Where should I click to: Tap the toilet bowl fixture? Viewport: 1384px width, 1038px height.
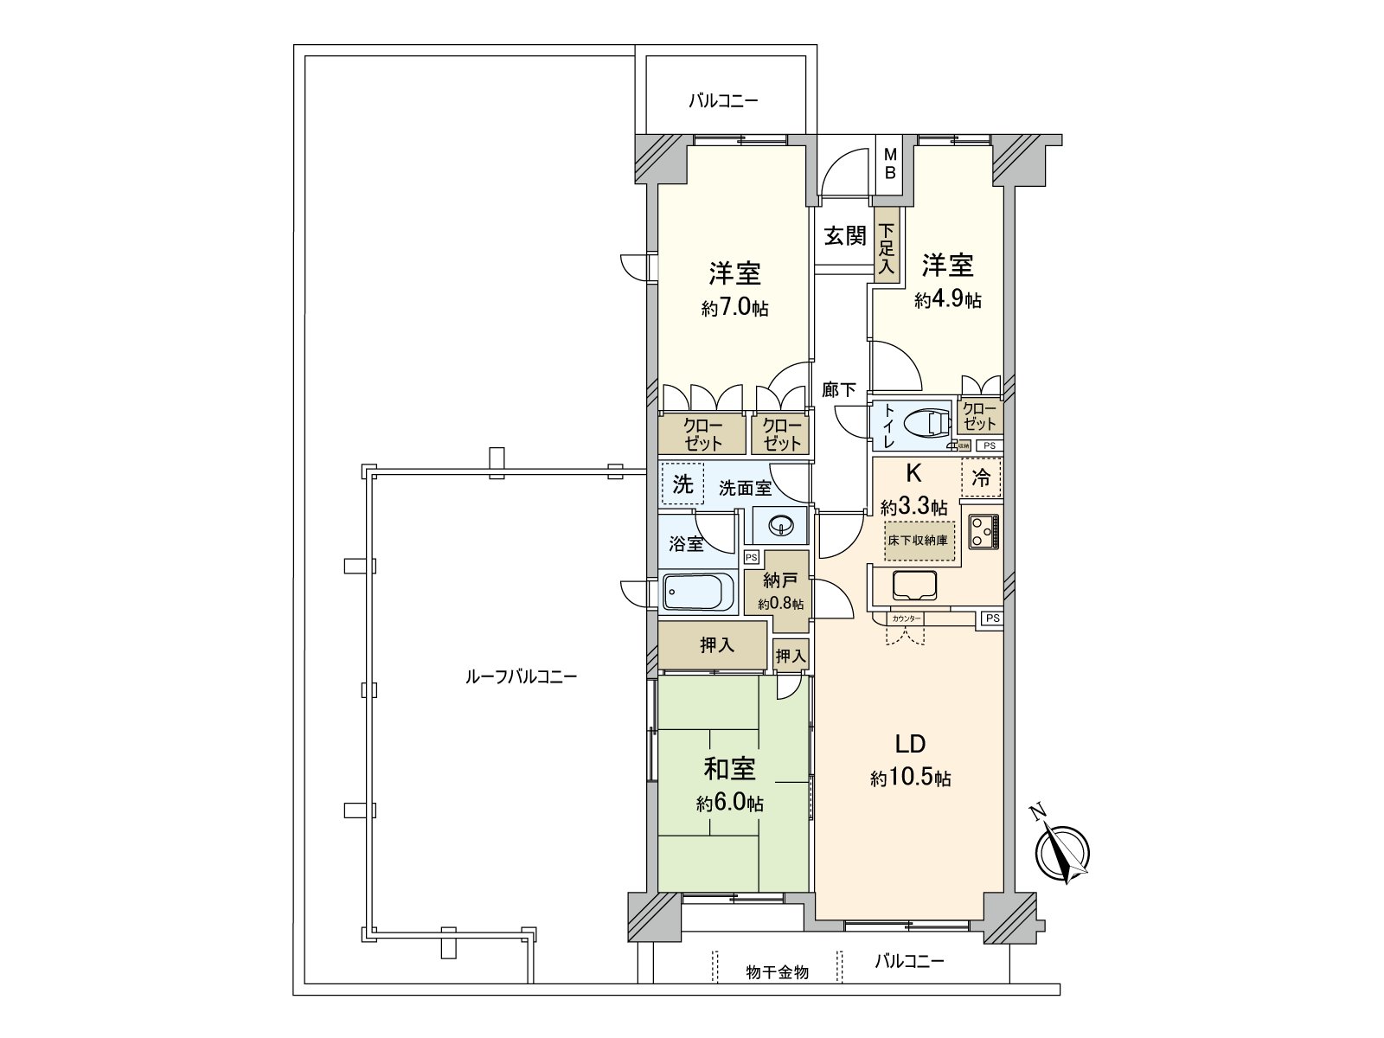point(923,424)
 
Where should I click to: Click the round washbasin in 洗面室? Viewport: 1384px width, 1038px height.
point(781,525)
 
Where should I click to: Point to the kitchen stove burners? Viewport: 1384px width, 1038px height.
point(984,531)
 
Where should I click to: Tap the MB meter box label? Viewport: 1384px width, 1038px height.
point(888,163)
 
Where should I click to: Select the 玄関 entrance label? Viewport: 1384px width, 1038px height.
point(844,236)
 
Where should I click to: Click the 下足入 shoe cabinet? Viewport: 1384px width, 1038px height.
point(887,249)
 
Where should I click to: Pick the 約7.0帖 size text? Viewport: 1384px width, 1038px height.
point(734,308)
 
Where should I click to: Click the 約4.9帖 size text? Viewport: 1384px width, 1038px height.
point(948,300)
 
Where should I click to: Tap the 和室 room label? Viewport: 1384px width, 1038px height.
point(729,769)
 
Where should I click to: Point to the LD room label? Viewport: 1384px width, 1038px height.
point(910,744)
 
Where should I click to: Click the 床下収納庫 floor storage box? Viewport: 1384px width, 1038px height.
point(919,541)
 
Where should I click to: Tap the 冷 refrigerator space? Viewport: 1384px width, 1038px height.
point(981,477)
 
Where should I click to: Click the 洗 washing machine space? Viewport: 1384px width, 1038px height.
point(682,485)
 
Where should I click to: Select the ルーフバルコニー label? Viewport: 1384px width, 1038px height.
point(521,676)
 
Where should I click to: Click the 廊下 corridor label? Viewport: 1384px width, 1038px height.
point(838,390)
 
